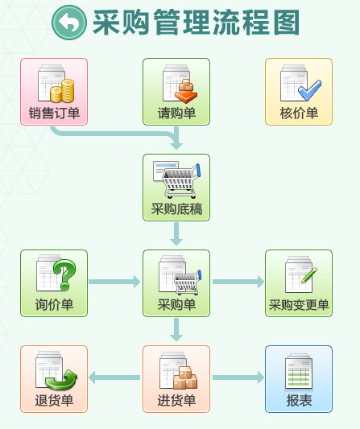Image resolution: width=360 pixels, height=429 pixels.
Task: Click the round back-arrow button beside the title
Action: pos(69,23)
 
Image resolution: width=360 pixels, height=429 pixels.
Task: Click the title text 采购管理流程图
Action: pos(196,23)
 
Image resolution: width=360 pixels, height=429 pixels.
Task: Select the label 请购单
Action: pos(176,113)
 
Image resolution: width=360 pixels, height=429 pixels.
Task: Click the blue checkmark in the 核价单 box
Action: pos(309,90)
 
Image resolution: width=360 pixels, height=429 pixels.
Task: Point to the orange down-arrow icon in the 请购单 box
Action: pos(186,92)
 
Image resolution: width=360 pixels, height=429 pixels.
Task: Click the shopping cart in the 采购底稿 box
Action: pos(181,181)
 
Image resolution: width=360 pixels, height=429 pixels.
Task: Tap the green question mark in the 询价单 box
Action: pos(64,274)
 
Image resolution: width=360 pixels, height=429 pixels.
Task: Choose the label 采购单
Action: pos(176,304)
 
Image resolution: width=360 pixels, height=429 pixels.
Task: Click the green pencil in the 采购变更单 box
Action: pos(309,275)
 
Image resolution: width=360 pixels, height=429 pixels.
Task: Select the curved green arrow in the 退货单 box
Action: pos(61,379)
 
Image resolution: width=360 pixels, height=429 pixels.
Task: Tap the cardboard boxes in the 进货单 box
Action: pos(185,377)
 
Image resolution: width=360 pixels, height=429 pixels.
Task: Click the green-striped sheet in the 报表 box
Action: pos(299,372)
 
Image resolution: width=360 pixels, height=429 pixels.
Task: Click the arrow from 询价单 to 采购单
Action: pos(114,282)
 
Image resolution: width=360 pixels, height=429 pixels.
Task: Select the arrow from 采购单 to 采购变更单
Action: pos(238,282)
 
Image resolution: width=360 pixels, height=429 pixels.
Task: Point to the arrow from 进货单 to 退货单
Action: pos(114,377)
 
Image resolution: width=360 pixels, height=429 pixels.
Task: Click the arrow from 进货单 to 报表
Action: pos(238,377)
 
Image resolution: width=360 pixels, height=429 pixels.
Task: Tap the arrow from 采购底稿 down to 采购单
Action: pos(176,234)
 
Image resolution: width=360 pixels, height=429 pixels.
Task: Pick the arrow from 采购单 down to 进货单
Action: pos(176,330)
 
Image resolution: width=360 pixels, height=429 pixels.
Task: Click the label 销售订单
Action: pos(54,113)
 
